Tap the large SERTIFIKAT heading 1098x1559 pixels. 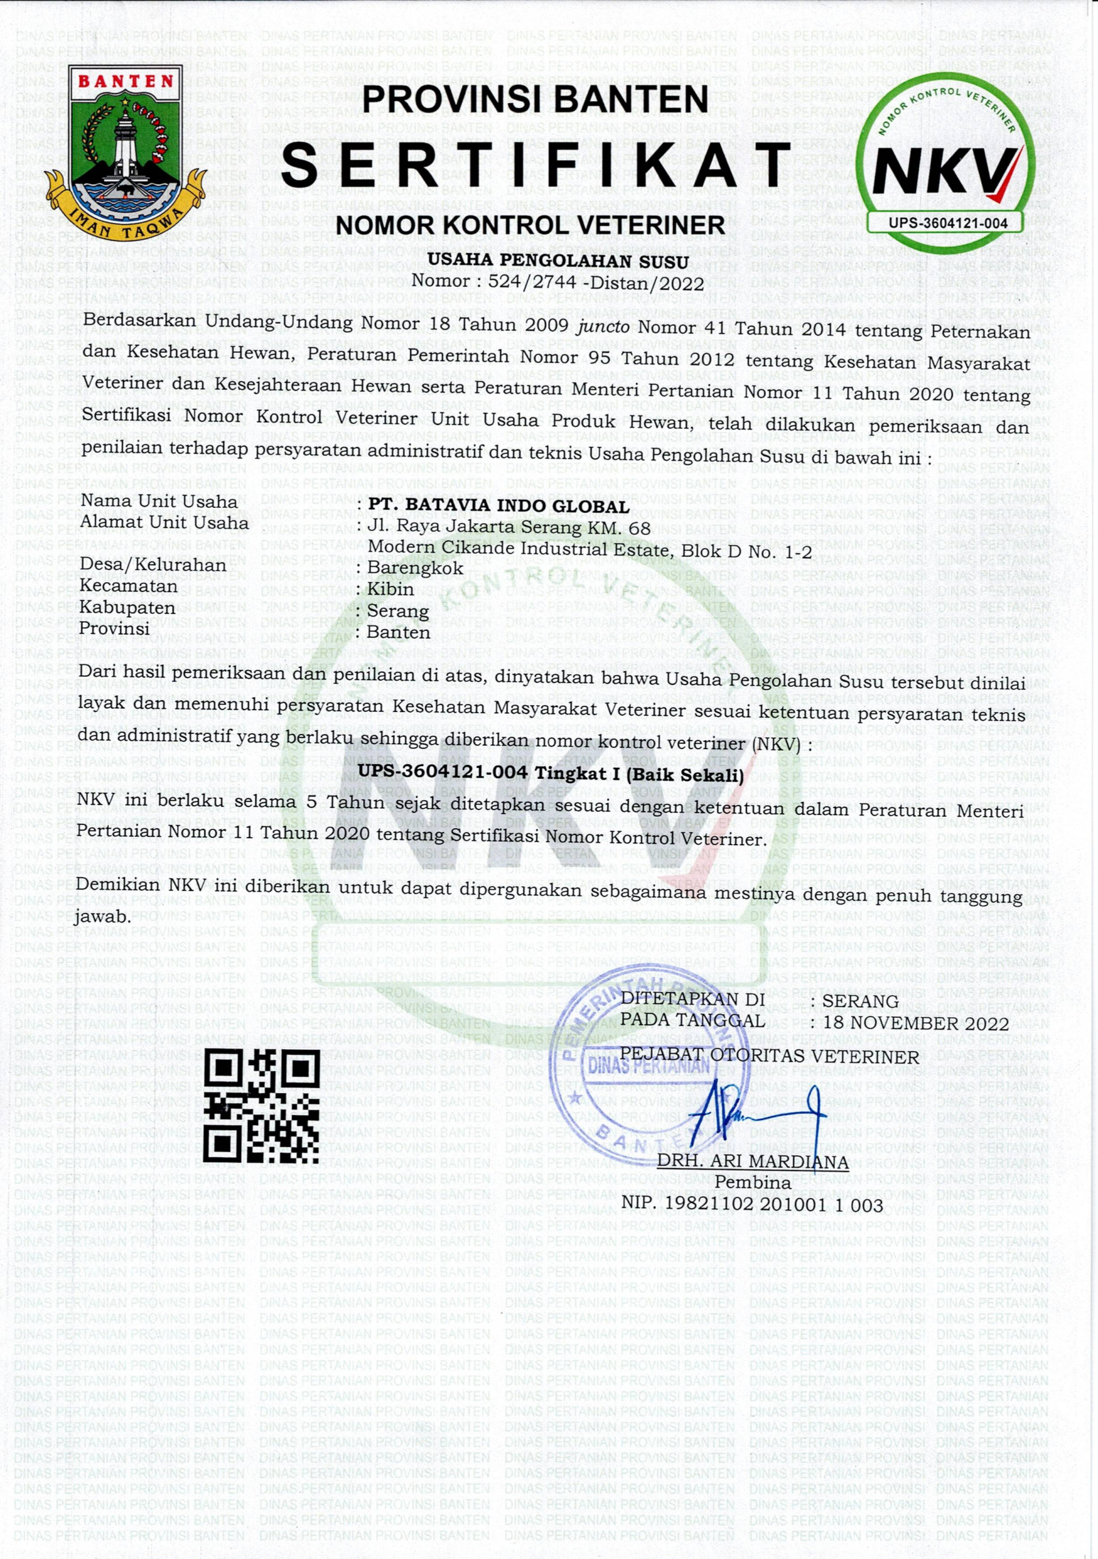537,165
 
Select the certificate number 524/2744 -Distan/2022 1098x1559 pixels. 596,282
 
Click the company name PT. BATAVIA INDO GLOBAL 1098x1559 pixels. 498,507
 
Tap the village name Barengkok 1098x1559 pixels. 415,568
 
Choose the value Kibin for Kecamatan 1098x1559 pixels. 390,589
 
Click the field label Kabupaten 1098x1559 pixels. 128,607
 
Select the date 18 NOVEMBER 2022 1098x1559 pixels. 915,1023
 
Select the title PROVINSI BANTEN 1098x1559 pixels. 535,100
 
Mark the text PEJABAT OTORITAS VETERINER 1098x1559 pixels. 769,1056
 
